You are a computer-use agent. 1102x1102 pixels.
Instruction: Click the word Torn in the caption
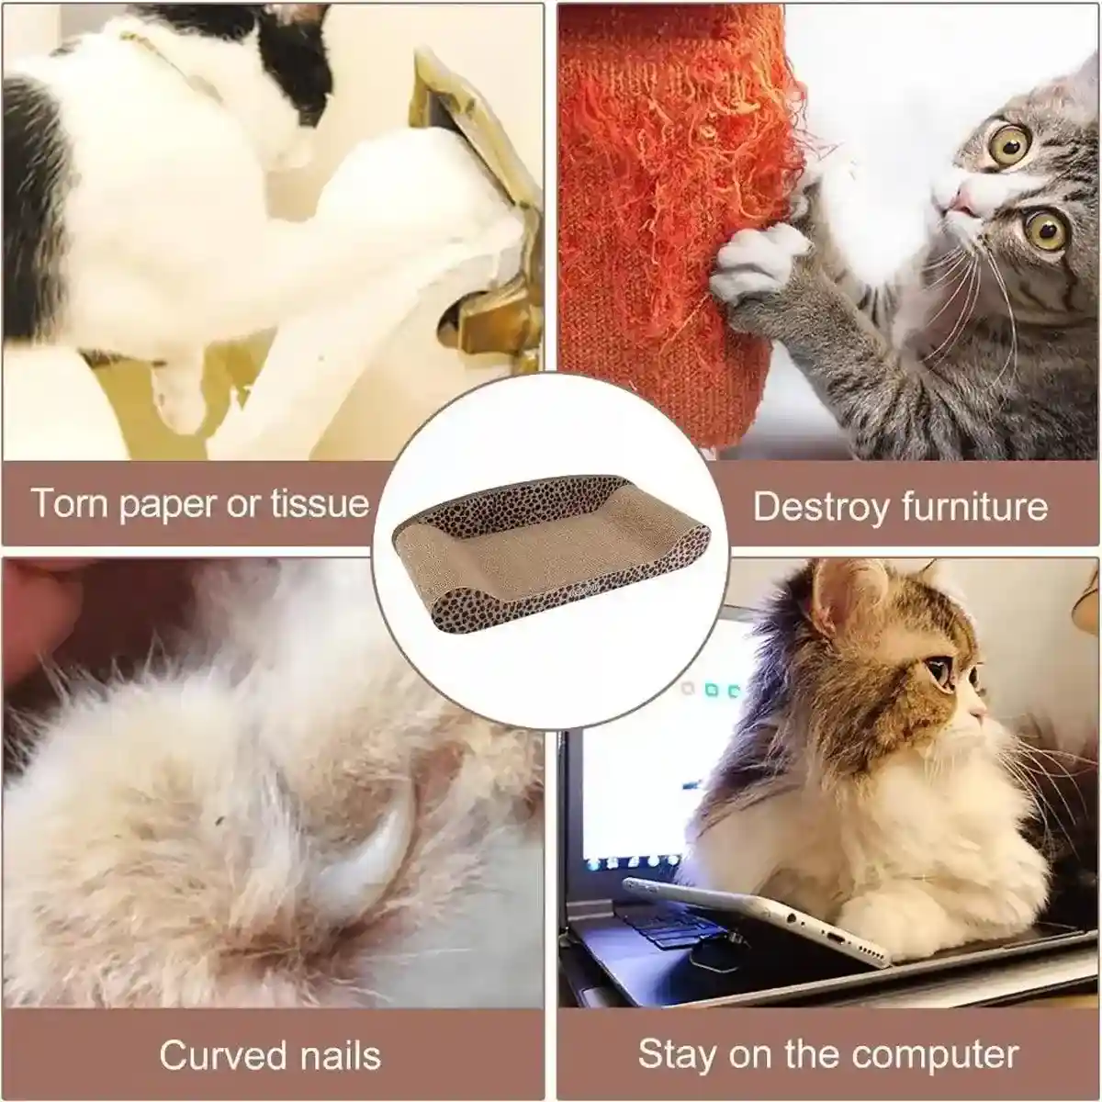pyautogui.click(x=71, y=502)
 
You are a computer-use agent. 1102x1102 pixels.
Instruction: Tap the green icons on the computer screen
pyautogui.click(x=722, y=691)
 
